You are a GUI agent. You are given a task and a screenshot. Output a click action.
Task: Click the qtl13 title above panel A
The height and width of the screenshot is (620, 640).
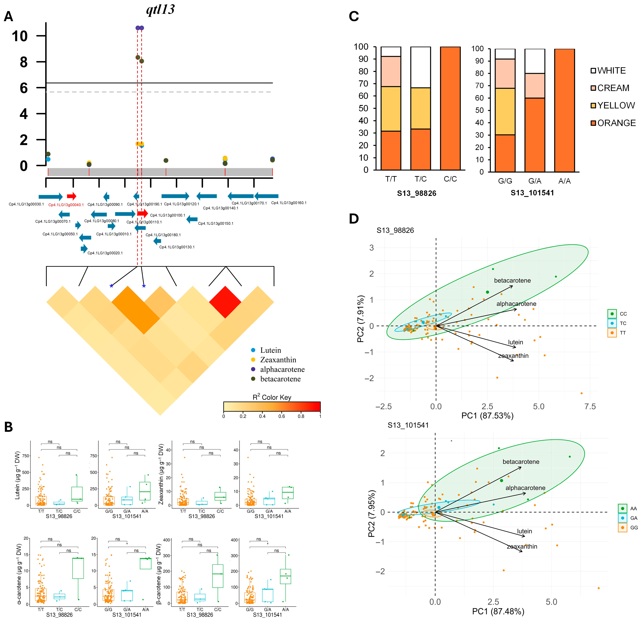(x=160, y=10)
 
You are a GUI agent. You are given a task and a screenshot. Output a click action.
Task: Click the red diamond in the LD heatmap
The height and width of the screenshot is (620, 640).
(x=225, y=302)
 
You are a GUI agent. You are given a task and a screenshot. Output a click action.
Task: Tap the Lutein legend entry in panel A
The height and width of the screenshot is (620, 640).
(x=270, y=350)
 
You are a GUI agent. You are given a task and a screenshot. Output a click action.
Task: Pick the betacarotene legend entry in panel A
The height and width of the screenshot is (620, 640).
(x=280, y=379)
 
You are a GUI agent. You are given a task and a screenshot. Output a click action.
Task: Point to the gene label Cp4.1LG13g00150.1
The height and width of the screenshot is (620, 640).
(x=216, y=224)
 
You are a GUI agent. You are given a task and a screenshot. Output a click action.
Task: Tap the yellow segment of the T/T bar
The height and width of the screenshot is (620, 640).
(x=391, y=109)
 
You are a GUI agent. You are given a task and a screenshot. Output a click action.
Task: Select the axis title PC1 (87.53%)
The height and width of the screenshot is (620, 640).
(x=487, y=416)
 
